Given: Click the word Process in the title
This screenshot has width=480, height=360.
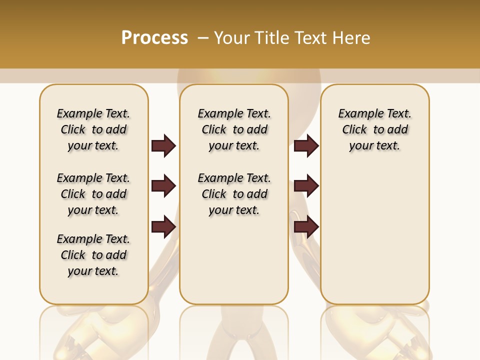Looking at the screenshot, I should point(154,38).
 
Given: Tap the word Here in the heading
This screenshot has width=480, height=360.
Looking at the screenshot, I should point(352,38).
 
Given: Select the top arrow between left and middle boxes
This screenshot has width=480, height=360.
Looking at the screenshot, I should point(163,145).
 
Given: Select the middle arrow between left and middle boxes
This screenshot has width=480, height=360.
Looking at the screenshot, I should point(163,186).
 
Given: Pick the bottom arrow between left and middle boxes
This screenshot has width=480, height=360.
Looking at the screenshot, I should point(163,226).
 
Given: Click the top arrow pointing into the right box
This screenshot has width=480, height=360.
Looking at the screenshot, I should point(306,145).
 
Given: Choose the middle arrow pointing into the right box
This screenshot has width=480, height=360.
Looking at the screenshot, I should point(306,186).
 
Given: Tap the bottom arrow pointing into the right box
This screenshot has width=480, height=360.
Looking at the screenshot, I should point(306,226).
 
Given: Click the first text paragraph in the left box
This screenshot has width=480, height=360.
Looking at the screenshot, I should point(93,129).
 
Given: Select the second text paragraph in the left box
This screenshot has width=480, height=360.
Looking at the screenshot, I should point(93,194).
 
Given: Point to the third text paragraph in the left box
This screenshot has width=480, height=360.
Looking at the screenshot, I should point(93,255).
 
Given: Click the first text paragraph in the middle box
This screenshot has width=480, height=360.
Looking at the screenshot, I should point(234,129).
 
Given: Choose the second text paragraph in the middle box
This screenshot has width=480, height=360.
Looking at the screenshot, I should point(234,194).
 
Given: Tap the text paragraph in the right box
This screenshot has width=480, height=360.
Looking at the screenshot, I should point(374,129).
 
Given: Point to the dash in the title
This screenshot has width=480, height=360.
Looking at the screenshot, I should point(202,38).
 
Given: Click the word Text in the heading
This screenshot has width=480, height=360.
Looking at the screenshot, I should point(313,38).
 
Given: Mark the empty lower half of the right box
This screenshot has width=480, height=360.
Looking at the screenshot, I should point(374,240).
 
